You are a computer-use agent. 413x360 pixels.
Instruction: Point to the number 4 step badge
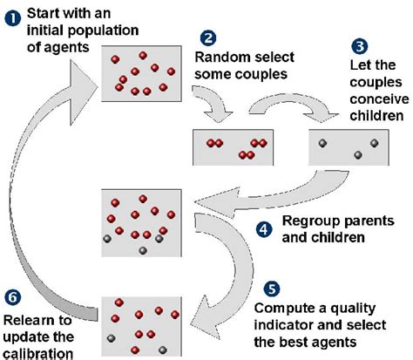[x=264, y=229]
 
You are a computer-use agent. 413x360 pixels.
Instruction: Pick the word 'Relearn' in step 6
[x=26, y=321]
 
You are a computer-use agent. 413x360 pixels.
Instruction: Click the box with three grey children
[x=347, y=146]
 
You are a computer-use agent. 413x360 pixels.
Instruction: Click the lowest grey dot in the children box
[x=356, y=154]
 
